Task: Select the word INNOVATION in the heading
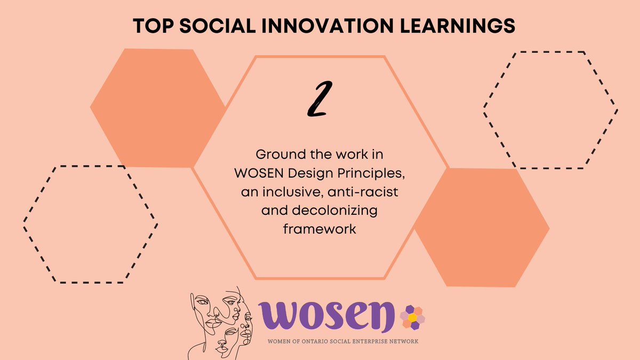pyautogui.click(x=319, y=26)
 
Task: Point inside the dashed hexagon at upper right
pyautogui.click(x=550, y=110)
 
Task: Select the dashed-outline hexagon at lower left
pyautogui.click(x=90, y=224)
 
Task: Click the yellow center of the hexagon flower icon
pyautogui.click(x=412, y=318)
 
